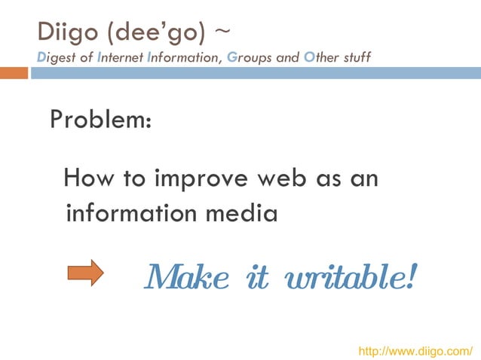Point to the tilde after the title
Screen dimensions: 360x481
point(223,32)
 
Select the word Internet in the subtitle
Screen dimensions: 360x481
point(122,56)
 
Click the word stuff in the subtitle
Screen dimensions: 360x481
point(355,56)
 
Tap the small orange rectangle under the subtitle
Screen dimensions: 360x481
point(14,73)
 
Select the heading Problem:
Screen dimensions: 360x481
point(101,119)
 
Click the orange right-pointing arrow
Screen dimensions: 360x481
point(84,273)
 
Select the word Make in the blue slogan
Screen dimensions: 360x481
point(186,278)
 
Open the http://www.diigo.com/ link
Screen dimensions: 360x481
point(415,351)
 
